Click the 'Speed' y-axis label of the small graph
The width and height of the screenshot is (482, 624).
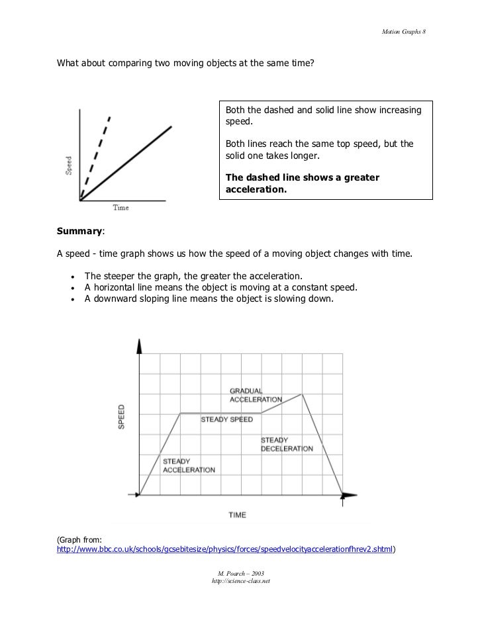(69, 165)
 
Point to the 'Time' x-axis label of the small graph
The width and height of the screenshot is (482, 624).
(120, 208)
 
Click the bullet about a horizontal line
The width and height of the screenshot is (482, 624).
(220, 287)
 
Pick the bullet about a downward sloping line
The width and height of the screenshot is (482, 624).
(209, 298)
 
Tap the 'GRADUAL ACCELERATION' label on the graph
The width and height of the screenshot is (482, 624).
(255, 394)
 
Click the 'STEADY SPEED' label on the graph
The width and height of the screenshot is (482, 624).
(227, 419)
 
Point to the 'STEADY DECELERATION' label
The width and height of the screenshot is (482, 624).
(286, 444)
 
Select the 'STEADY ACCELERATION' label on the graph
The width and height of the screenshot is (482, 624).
(188, 465)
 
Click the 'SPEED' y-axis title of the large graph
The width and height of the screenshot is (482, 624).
(121, 418)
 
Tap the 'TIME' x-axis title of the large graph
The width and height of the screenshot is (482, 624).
(238, 513)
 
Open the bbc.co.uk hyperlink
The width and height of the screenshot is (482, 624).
(225, 549)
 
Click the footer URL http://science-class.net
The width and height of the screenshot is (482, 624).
(240, 580)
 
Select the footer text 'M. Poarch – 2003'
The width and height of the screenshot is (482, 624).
(240, 572)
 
